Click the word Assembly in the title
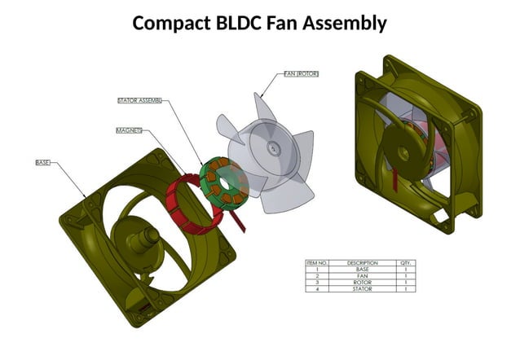point(344,23)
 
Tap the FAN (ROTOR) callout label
point(301,73)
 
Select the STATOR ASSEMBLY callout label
point(139,101)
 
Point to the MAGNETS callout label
point(129,130)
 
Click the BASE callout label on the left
point(42,163)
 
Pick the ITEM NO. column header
point(317,263)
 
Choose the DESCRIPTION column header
point(363,263)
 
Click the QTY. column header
point(405,263)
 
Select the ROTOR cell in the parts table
point(363,283)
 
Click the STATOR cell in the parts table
point(363,289)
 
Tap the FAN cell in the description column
point(363,276)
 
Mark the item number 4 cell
point(317,289)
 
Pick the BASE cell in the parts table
point(363,270)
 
